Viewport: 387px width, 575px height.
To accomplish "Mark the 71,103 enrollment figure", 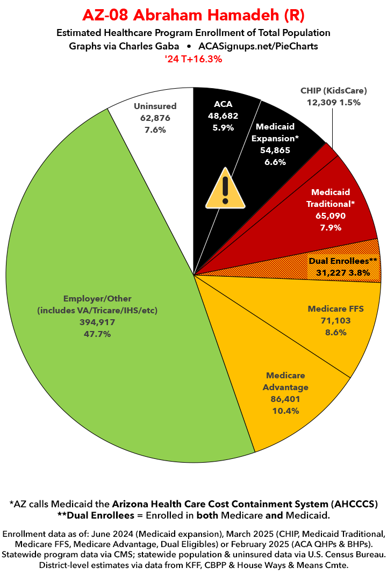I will click(335, 321).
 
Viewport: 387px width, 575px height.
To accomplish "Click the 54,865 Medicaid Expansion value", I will click(275, 150).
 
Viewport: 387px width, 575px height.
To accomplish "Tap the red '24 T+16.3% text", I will click(193, 60).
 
